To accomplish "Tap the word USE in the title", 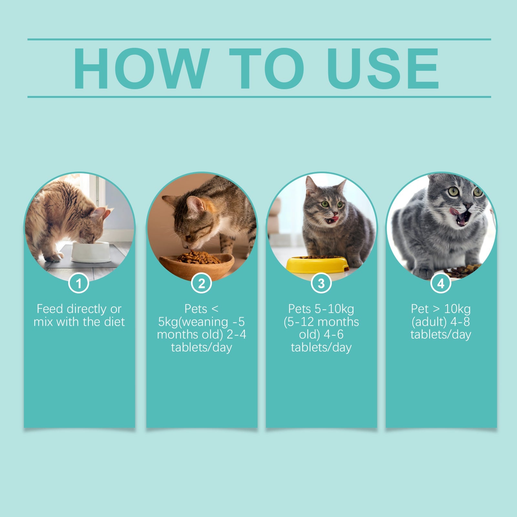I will [383, 69].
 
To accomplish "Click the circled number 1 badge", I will [79, 283].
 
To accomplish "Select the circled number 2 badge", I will [201, 283].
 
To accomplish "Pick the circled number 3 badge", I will [321, 283].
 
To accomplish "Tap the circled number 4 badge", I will [441, 283].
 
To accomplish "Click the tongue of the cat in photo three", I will [335, 219].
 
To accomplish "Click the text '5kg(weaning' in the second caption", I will [193, 322].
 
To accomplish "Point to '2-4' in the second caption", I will [237, 334].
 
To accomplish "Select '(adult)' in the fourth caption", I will [428, 322].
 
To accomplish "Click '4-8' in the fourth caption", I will [460, 322].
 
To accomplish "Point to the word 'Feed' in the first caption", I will [49, 309].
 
